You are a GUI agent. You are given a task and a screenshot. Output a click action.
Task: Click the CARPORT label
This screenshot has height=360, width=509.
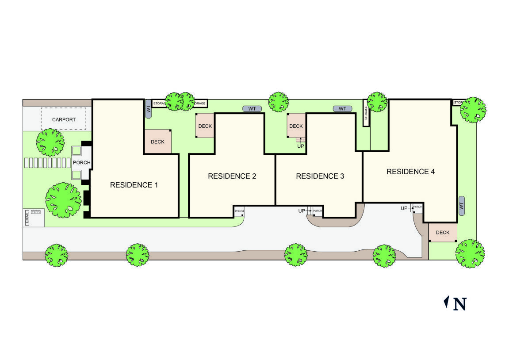pos(64,119)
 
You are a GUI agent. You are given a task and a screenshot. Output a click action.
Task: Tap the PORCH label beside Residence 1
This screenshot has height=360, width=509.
pos(81,162)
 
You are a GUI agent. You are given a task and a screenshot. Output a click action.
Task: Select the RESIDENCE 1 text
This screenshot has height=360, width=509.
pos(134,185)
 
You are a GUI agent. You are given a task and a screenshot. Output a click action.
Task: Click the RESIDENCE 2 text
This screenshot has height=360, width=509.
pos(232,176)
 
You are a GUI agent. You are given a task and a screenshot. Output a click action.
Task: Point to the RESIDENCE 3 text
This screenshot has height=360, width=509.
pos(320,176)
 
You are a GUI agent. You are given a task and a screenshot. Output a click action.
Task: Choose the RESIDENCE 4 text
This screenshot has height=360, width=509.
pos(410,172)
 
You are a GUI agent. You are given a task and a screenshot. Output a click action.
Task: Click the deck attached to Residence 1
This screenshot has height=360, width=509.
pos(157,142)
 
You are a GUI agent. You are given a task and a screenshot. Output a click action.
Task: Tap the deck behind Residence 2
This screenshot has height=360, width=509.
pos(205,126)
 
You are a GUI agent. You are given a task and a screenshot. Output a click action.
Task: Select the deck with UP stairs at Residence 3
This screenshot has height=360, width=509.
pos(296,126)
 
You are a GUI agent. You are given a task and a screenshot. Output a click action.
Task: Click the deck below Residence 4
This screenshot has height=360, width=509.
pos(442,233)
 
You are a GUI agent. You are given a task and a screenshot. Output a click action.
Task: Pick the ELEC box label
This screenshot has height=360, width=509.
pos(36,212)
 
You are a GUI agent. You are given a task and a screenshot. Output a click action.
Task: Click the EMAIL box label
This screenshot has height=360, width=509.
pos(27,218)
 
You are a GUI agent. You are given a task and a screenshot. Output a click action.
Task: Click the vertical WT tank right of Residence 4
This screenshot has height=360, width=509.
pos(462,206)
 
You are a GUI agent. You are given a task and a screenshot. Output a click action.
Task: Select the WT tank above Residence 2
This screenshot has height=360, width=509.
pos(252,108)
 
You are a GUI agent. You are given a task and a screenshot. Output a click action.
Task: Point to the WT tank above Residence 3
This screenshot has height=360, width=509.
pos(342,108)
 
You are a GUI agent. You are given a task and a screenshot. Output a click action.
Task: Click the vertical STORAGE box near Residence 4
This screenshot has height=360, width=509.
pos(366,113)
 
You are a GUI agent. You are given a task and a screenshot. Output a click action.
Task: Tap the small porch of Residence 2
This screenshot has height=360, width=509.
pos(239,211)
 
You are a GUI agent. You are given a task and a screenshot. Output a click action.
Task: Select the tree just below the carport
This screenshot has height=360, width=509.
pos(50,142)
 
